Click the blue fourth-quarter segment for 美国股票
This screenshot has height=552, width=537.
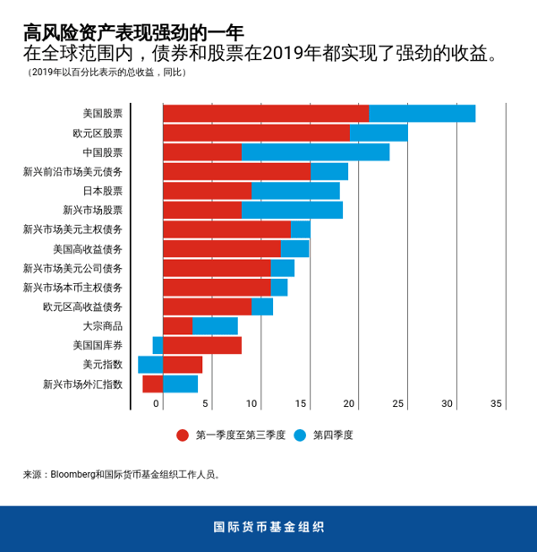click(422, 113)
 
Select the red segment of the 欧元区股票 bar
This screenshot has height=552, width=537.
click(256, 133)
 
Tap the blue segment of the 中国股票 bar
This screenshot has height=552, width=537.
click(315, 152)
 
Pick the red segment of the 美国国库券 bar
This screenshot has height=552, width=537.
click(202, 345)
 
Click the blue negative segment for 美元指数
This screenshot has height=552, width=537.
click(149, 365)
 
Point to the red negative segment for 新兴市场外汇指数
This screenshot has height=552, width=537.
click(152, 384)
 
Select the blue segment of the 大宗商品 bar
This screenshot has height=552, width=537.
click(215, 325)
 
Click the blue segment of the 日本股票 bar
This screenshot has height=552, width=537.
click(295, 191)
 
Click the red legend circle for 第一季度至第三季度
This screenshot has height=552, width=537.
click(183, 436)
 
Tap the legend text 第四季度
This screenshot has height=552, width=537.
click(333, 436)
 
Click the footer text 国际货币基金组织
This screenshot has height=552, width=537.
click(268, 528)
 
